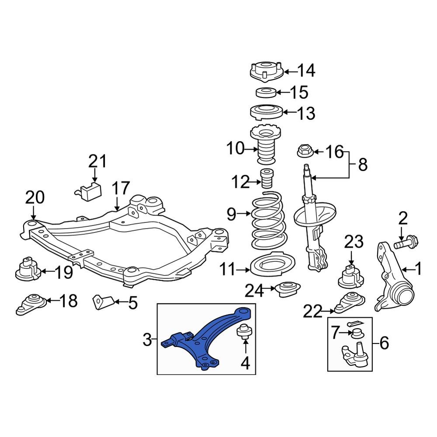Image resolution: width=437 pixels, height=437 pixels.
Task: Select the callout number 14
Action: click(306, 70)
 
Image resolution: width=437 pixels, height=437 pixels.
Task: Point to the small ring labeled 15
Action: click(265, 92)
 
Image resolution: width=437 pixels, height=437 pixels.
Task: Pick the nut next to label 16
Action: click(304, 152)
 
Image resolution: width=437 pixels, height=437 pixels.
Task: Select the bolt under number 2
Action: click(406, 242)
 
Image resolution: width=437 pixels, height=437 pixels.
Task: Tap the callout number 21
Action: click(97, 161)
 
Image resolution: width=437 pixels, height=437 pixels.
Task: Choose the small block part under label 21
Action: click(91, 191)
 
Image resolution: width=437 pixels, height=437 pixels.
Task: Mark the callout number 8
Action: click(362, 165)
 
